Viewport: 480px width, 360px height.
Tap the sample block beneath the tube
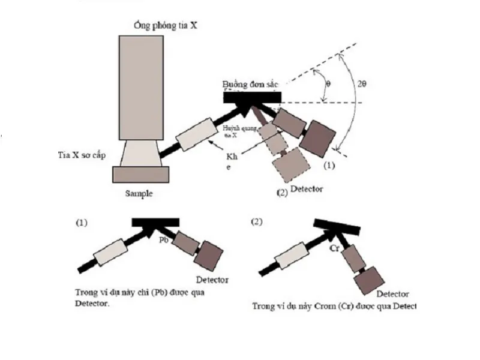click(141, 174)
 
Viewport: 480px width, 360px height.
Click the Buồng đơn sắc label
click(251, 84)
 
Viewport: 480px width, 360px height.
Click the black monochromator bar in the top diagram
click(251, 97)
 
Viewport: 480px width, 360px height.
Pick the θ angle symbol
click(327, 83)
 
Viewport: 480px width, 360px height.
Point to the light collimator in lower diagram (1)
click(112, 251)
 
